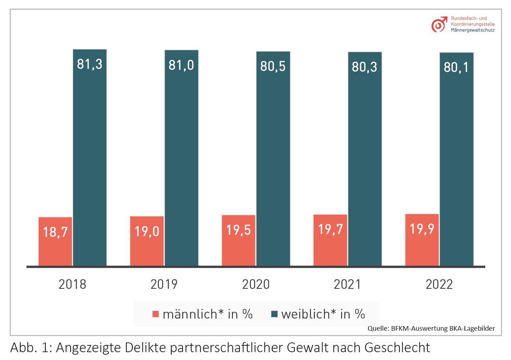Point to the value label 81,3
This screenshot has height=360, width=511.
[89, 64]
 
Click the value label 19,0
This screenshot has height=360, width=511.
[147, 231]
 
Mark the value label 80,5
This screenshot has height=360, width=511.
[273, 66]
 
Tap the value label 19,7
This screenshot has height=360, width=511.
[330, 229]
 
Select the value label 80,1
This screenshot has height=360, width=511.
[456, 67]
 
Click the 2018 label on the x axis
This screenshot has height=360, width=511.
[72, 284]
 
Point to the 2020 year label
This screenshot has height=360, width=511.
[255, 284]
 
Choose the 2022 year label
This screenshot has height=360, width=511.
[439, 284]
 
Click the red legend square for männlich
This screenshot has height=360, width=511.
[156, 314]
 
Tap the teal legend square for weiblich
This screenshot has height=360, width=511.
[274, 314]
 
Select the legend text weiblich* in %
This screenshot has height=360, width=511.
[323, 314]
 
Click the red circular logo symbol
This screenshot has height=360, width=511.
[438, 25]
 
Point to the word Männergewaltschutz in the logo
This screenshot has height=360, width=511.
[472, 30]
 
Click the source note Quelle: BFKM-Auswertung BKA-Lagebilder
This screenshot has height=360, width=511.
[431, 328]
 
